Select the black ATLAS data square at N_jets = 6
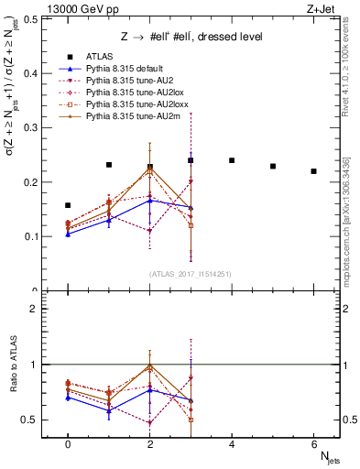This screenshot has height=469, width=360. click(x=313, y=171)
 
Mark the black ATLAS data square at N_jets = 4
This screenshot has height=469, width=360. click(x=232, y=160)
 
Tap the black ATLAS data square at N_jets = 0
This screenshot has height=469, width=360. click(x=68, y=205)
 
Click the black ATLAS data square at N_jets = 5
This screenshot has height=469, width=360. click(x=273, y=166)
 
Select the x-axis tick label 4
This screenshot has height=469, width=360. click(x=232, y=443)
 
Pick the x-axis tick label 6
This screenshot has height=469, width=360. click(x=313, y=443)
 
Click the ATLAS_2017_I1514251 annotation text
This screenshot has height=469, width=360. click(x=191, y=273)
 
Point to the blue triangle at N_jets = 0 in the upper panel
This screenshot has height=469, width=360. click(x=68, y=234)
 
